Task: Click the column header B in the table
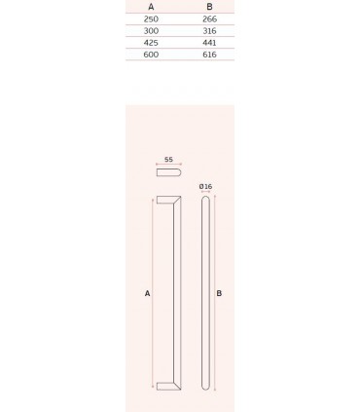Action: [209, 6]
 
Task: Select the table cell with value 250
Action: [150, 19]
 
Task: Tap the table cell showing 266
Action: [209, 19]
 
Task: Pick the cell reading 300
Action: [150, 31]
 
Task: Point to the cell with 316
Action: [209, 31]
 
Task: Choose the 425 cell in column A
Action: [150, 43]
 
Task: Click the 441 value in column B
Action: [209, 43]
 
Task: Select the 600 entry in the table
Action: [150, 55]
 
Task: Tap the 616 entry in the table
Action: [209, 55]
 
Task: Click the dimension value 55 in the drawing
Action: [168, 159]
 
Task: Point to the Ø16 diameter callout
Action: [205, 185]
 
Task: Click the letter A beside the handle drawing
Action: [146, 292]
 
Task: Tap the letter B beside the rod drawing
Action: [219, 292]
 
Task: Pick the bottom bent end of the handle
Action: [166, 386]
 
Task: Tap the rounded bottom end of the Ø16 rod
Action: [205, 387]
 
